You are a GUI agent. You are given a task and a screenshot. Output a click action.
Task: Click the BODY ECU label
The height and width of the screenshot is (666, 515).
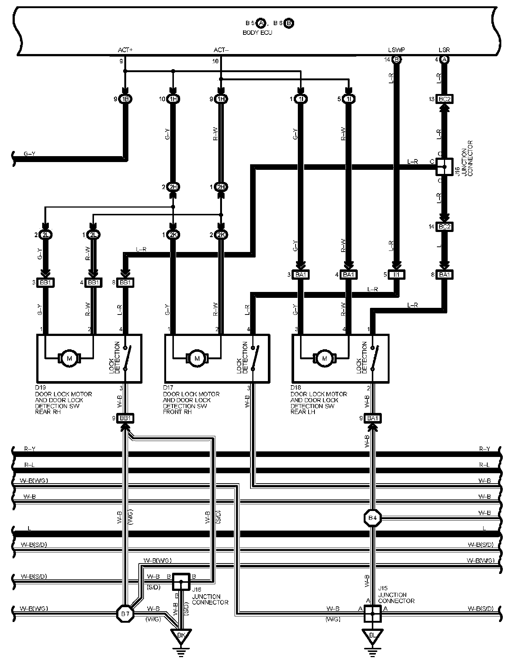(257, 33)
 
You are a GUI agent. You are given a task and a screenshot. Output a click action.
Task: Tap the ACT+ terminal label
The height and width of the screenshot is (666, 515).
(125, 50)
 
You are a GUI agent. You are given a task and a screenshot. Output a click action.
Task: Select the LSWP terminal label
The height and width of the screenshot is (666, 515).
(396, 50)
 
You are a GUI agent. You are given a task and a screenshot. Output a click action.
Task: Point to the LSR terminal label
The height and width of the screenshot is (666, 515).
(444, 50)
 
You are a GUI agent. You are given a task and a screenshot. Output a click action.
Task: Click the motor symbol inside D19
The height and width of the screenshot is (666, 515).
(69, 358)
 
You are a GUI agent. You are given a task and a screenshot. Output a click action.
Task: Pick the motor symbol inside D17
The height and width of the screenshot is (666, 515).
(197, 358)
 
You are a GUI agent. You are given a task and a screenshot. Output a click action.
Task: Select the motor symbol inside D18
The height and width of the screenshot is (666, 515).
(325, 358)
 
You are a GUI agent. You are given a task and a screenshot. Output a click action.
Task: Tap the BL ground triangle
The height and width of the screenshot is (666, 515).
(373, 635)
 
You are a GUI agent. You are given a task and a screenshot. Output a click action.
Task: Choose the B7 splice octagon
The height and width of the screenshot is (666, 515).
(125, 614)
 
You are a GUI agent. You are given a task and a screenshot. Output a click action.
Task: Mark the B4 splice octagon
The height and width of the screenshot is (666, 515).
(373, 518)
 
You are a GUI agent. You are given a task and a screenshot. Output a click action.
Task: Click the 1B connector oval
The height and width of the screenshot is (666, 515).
(125, 99)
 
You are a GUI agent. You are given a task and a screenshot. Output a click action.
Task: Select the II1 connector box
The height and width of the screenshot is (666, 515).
(396, 275)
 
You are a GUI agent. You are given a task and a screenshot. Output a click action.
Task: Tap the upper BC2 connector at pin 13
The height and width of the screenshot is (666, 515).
(444, 99)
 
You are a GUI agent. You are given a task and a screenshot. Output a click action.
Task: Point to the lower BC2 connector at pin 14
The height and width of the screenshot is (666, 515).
(444, 227)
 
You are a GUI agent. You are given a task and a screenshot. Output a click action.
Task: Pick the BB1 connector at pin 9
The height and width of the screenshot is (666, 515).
(125, 418)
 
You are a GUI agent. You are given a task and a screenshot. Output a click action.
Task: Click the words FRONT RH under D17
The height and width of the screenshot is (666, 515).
(177, 412)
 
